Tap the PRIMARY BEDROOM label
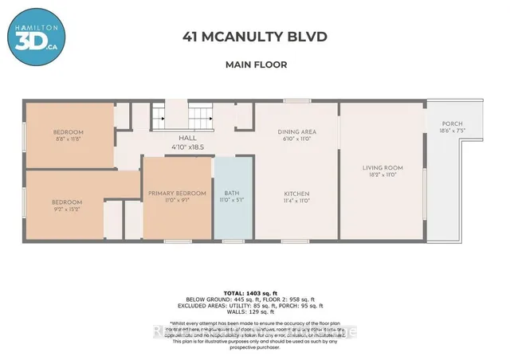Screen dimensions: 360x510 178,193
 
